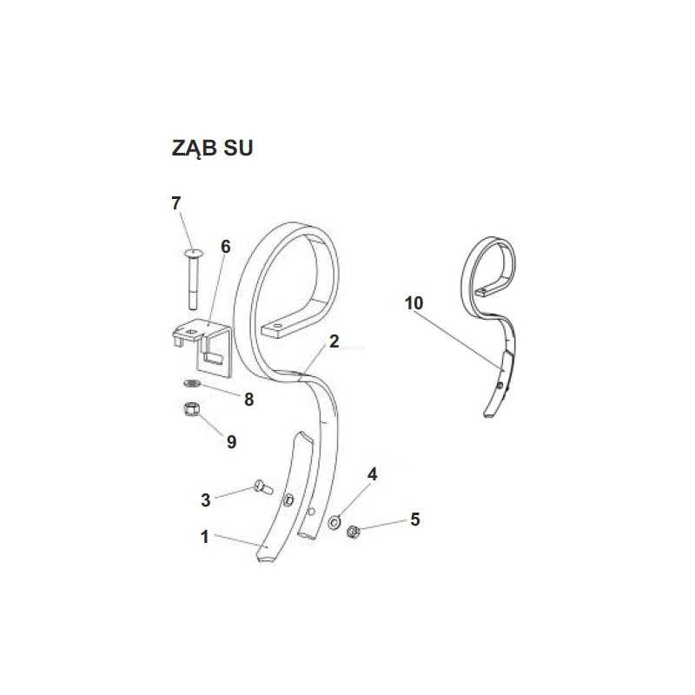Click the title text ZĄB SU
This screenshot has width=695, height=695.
pos(212,148)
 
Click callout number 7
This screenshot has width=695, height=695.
pos(176,203)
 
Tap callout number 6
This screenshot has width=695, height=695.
pos(226,247)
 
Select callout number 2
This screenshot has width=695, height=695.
pos(334,341)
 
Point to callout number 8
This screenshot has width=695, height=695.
pos(249,400)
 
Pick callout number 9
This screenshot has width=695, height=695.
pos(231,442)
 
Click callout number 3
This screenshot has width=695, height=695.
pos(206,500)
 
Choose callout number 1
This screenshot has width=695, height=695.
pos(204,537)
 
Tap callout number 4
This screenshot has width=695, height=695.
pos(373,474)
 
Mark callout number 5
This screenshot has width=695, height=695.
pos(415,519)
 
